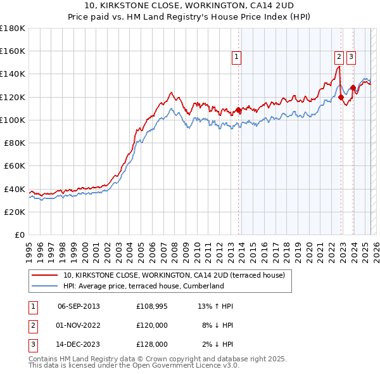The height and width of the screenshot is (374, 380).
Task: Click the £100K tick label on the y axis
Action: click(x=13, y=120)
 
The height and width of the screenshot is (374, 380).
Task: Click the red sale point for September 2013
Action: click(x=238, y=110)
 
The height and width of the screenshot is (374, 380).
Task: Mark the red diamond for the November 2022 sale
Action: click(x=341, y=97)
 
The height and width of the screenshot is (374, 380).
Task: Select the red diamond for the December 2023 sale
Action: click(x=353, y=88)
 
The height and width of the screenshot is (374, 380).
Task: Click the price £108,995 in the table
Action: click(x=152, y=306)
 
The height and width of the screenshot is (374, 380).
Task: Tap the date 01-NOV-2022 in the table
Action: click(x=79, y=325)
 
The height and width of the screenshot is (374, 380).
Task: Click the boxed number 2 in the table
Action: click(x=32, y=325)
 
